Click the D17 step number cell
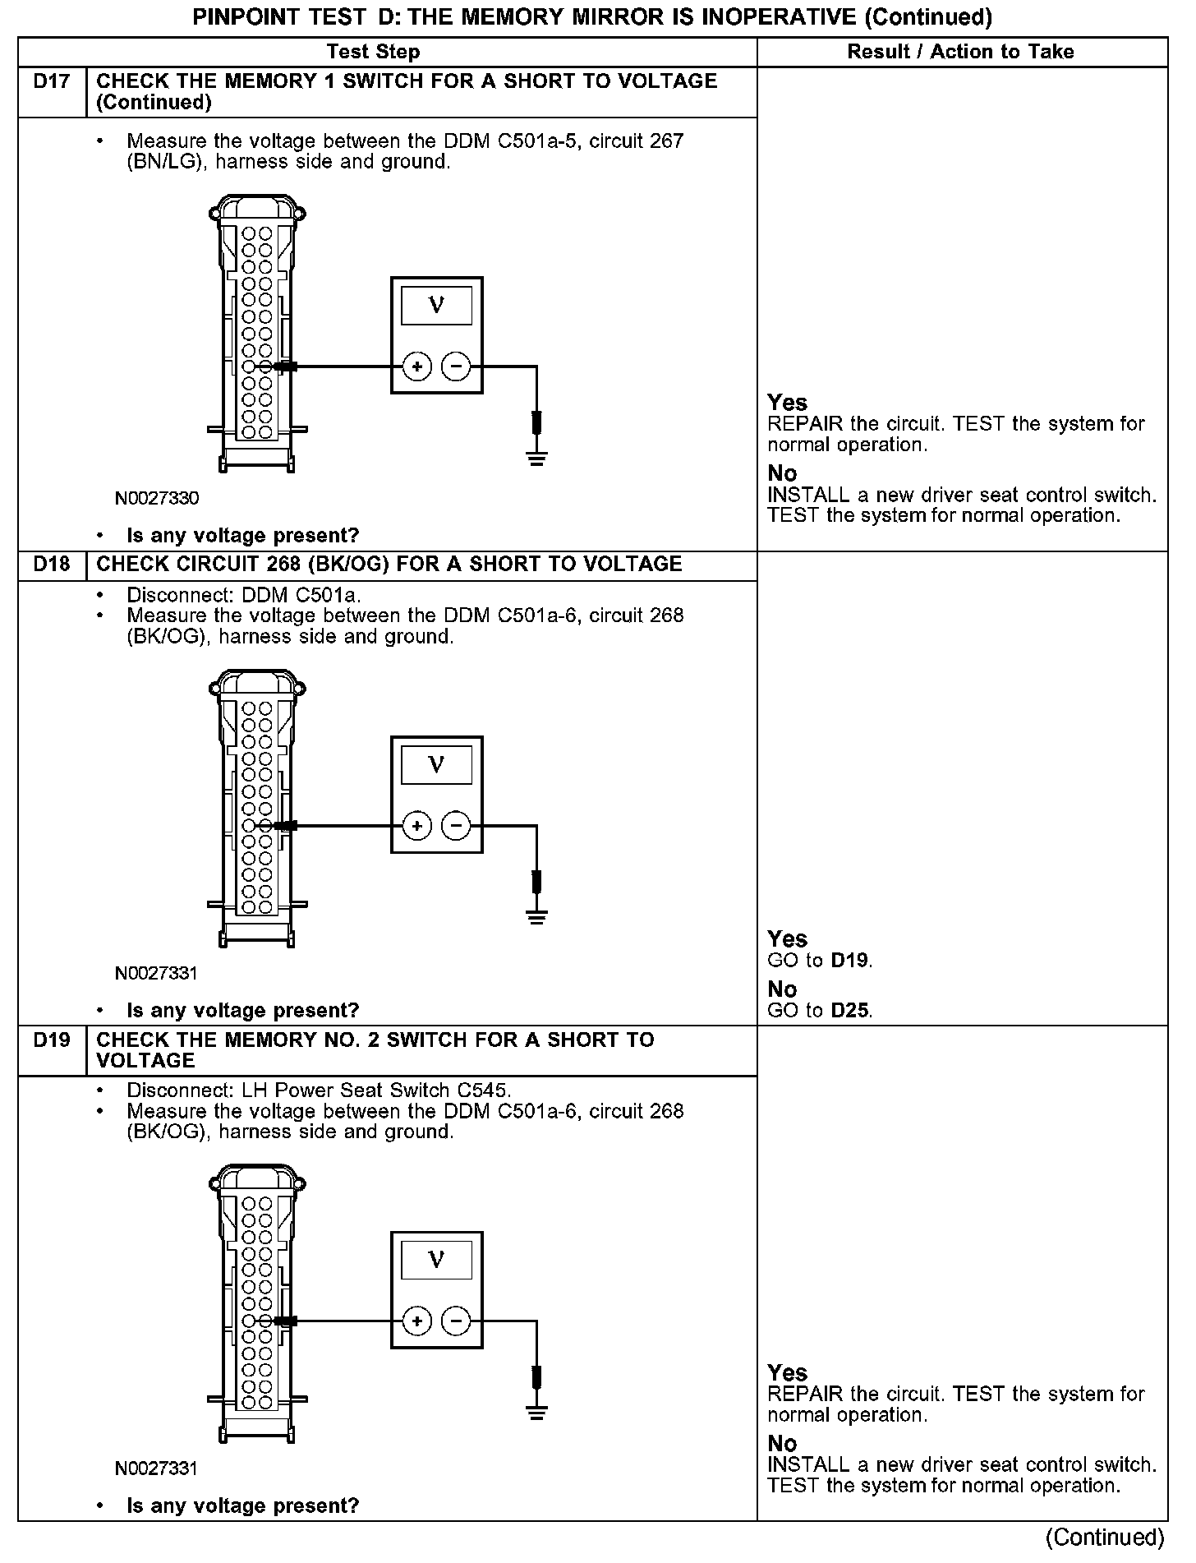tap(52, 81)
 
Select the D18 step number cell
tap(52, 565)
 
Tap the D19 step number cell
tap(52, 1040)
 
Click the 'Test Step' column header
tap(373, 52)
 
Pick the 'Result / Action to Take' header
tap(960, 52)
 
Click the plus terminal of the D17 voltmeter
tap(417, 367)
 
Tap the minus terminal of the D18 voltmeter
tap(457, 825)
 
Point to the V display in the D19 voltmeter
tap(436, 1260)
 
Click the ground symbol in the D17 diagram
tap(536, 458)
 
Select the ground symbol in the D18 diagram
tap(536, 916)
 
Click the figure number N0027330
tap(157, 499)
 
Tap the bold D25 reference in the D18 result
tap(850, 1011)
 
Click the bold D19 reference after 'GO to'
tap(850, 961)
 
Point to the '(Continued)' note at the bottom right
tap(1106, 1538)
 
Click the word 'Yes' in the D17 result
tap(787, 403)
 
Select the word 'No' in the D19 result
tap(782, 1444)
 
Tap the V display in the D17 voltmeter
tap(436, 306)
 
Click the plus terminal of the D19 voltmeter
tap(417, 1321)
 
